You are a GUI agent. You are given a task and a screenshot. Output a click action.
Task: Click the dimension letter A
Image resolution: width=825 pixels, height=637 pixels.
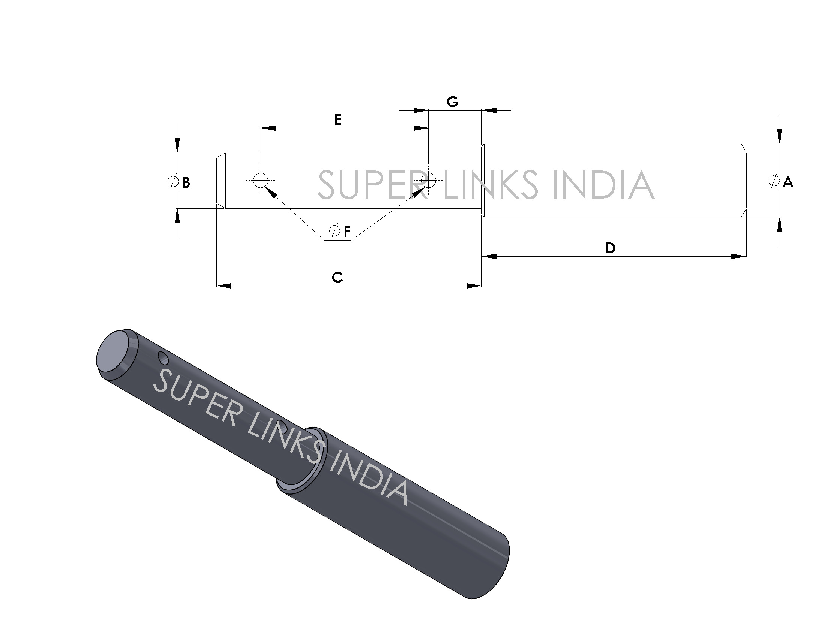point(787,182)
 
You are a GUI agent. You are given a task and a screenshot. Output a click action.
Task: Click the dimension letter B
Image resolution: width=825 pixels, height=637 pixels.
point(186,182)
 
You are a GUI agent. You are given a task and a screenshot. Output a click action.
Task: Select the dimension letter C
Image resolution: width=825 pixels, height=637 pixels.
point(337,277)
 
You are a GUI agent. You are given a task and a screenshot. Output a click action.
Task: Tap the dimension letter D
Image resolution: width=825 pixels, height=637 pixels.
point(610,248)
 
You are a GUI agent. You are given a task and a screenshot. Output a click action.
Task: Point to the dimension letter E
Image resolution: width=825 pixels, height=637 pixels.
point(338,120)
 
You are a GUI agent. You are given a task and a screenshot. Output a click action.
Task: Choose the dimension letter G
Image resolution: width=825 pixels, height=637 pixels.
point(452,102)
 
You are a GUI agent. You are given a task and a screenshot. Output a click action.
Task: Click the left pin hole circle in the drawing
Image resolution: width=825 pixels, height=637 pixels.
point(260,180)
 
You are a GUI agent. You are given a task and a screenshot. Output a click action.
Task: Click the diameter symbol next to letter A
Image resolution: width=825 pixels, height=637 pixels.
point(774,181)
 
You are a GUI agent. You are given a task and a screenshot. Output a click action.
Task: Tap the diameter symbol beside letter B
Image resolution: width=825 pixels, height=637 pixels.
point(173,181)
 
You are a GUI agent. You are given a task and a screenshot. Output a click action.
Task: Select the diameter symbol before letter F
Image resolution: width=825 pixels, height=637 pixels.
point(334,230)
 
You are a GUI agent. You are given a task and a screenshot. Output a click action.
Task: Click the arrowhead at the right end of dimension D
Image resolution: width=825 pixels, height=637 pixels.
point(739,256)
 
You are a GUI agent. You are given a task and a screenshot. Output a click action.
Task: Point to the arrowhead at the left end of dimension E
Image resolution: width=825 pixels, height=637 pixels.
point(268,128)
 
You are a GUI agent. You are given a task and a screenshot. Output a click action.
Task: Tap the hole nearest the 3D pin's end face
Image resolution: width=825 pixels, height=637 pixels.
point(163,358)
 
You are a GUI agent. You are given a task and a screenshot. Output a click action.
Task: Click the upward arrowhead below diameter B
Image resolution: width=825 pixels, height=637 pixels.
point(177,216)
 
